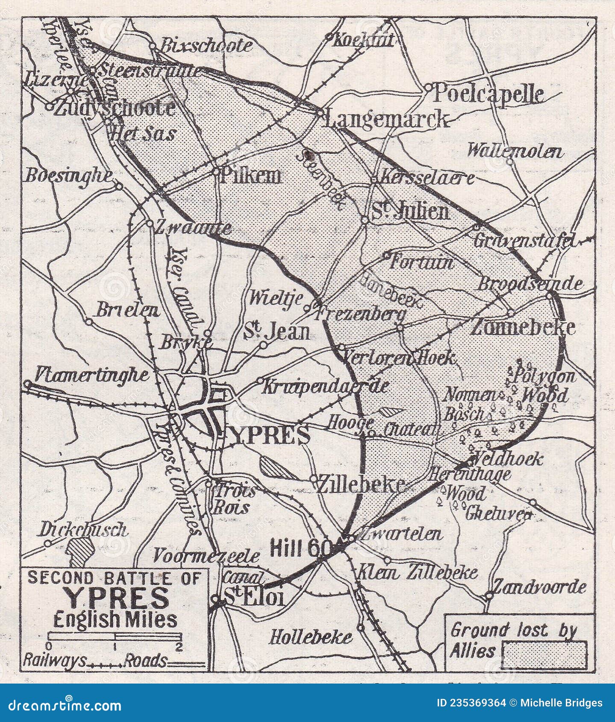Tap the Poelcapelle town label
tap(488, 94)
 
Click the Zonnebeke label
tap(522, 327)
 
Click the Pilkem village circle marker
tap(216, 171)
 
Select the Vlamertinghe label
tap(92, 375)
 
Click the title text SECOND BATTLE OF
tap(115, 578)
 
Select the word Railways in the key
tap(54, 660)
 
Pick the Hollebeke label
tap(311, 637)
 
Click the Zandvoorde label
tap(540, 588)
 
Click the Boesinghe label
tap(69, 176)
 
